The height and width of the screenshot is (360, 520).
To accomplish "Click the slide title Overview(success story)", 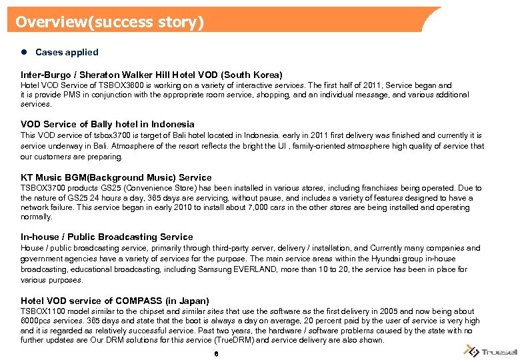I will (109, 22).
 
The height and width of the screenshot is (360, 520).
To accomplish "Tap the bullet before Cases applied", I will (24, 52).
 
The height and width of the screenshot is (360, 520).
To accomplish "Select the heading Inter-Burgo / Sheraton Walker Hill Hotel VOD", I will (151, 75).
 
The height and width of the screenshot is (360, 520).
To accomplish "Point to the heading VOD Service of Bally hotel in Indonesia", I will (107, 124).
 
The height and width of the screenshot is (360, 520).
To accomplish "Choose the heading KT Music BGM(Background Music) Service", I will (116, 177).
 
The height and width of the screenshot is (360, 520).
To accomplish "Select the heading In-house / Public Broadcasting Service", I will (107, 237).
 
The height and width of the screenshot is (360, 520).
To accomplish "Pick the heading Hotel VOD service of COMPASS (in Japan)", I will (115, 301).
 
